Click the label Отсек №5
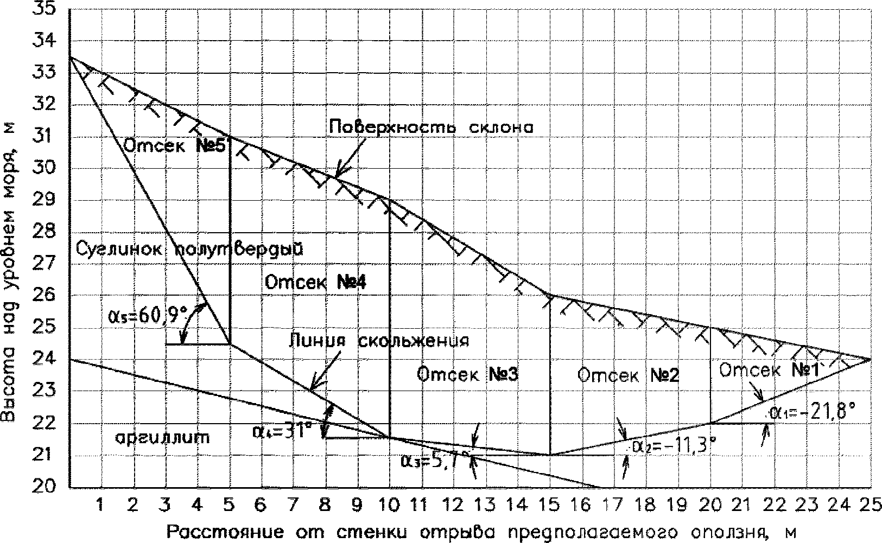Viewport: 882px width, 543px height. pos(174,146)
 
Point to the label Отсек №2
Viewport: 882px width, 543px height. pos(627,375)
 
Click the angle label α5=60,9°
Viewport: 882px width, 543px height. pos(148,314)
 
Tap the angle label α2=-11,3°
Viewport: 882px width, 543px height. pos(672,446)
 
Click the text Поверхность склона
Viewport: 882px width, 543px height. pos(432,127)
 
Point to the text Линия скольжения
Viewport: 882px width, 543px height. pos(378,341)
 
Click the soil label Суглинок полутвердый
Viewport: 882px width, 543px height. pos(189,249)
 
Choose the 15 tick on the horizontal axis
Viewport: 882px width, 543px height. pos(550,505)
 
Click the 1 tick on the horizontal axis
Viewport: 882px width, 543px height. pos(100,505)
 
